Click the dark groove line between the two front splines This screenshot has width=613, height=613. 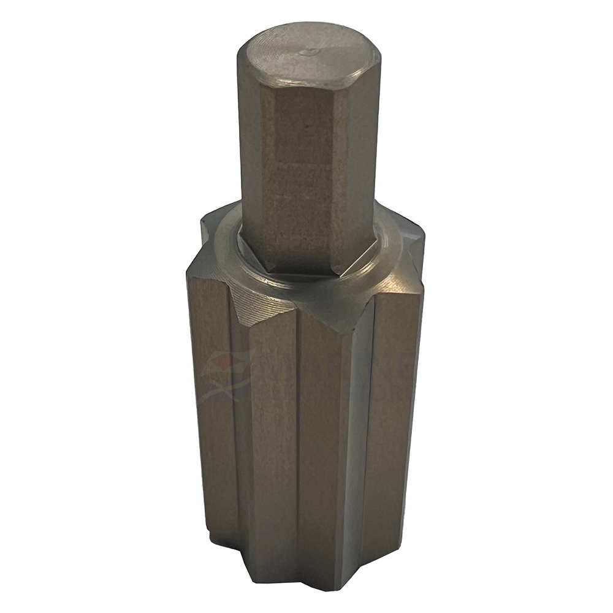pos(298,441)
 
